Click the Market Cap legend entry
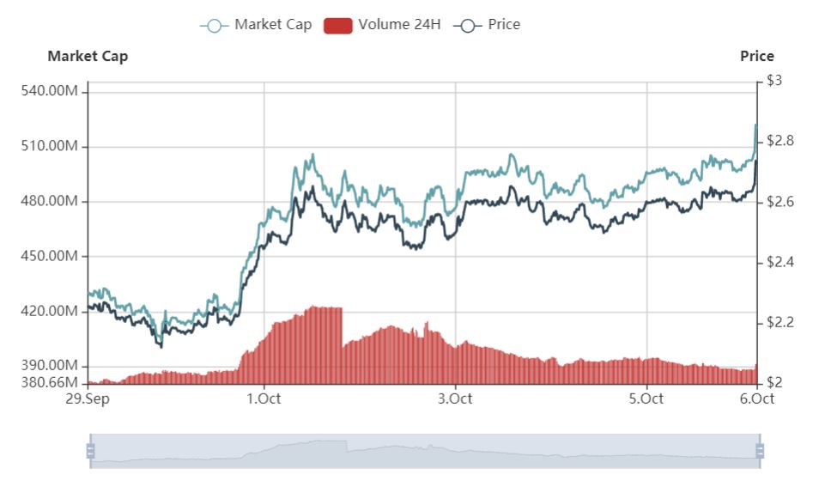(258, 25)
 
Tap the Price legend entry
(490, 25)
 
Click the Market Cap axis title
(88, 57)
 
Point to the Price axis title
(756, 57)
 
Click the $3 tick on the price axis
(774, 81)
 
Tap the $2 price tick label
(774, 382)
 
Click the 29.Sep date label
(88, 399)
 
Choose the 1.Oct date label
(264, 399)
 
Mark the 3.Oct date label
(455, 399)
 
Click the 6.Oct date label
(755, 399)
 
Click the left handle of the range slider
(90, 451)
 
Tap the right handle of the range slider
(759, 451)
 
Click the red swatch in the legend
(338, 25)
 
